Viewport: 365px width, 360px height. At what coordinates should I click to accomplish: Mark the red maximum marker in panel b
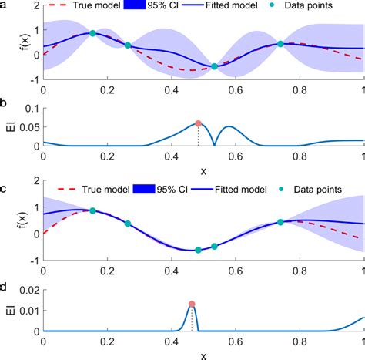198,123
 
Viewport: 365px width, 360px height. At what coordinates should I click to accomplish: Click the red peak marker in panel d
192,304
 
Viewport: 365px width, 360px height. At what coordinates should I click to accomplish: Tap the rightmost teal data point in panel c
281,222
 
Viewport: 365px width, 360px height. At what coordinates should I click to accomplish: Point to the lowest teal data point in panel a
214,66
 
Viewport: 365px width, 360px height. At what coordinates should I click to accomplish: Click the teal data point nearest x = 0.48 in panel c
198,250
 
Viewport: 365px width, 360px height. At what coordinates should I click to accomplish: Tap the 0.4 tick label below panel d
172,341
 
